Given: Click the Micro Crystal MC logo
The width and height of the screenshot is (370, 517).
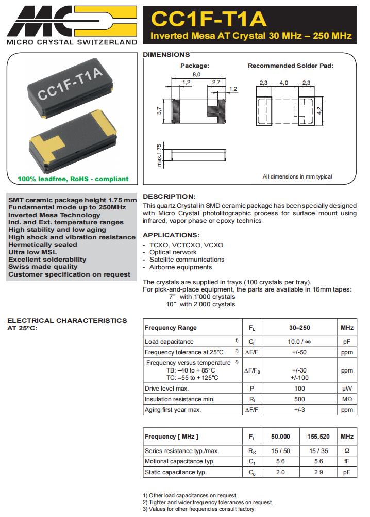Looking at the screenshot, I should pyautogui.click(x=72, y=21).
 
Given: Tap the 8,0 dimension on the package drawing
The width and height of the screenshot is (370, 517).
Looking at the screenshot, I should pyautogui.click(x=196, y=75).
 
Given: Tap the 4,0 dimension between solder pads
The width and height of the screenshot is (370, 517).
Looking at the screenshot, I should pyautogui.click(x=284, y=83).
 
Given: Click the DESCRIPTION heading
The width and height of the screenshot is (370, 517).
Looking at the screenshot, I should pyautogui.click(x=169, y=197).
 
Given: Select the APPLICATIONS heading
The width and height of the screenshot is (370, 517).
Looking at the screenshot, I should pyautogui.click(x=171, y=235).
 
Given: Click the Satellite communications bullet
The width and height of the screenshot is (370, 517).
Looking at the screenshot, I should pyautogui.click(x=187, y=260).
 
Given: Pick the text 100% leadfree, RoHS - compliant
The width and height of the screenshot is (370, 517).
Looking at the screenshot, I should pyautogui.click(x=73, y=179).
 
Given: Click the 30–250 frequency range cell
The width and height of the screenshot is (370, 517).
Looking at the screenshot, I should pyautogui.click(x=299, y=328).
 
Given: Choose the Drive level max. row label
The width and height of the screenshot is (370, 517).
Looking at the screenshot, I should pyautogui.click(x=166, y=388).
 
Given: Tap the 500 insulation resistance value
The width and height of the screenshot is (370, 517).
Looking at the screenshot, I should pyautogui.click(x=299, y=399).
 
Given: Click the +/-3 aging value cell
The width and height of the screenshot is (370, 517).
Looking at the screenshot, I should pyautogui.click(x=299, y=410).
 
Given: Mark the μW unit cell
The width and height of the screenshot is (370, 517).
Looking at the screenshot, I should pyautogui.click(x=347, y=388).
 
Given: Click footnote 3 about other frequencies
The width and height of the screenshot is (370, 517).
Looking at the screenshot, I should pyautogui.click(x=198, y=509).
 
